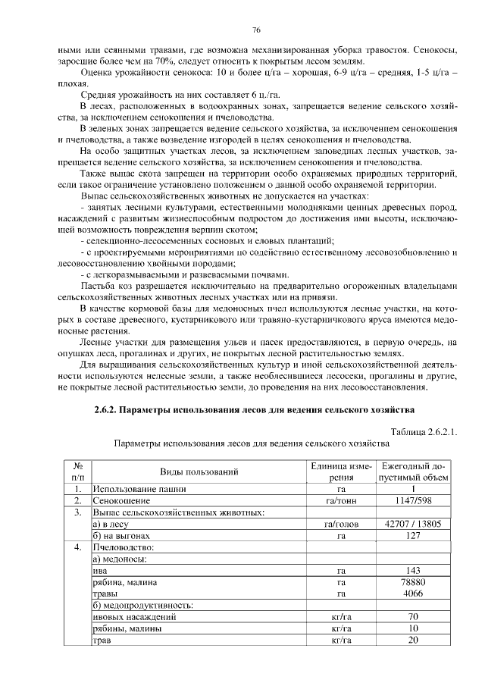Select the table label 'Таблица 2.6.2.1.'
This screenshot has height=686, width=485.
tap(421, 431)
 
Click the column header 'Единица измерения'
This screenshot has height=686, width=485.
tap(341, 471)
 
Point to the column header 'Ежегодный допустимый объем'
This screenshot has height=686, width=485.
tap(414, 471)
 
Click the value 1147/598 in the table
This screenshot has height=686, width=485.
tap(414, 501)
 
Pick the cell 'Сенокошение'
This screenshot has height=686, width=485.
tap(121, 501)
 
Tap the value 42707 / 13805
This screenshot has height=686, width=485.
tap(414, 524)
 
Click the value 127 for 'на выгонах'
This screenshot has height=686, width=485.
tap(414, 535)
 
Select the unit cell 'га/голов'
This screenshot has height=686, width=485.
tap(341, 524)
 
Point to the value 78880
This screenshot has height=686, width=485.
tap(414, 582)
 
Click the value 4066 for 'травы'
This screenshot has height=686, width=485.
tap(414, 594)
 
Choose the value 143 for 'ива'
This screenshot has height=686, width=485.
tap(414, 570)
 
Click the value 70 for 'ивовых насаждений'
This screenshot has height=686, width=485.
tap(414, 617)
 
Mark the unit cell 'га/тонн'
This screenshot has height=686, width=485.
tap(341, 501)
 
